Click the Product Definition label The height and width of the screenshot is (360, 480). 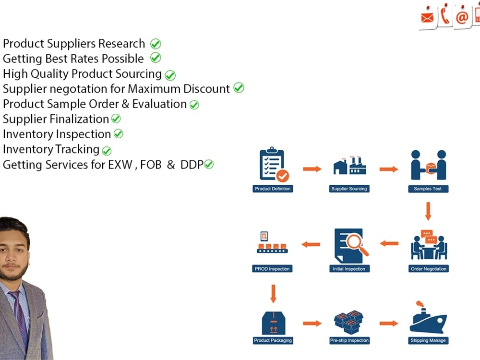click(x=273, y=189)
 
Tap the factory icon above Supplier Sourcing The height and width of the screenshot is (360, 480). click(x=349, y=166)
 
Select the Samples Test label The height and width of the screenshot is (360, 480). click(x=428, y=189)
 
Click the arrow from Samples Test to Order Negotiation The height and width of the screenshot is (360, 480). click(x=428, y=211)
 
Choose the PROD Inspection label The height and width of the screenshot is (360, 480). click(x=272, y=269)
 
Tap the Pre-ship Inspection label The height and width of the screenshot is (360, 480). click(x=349, y=340)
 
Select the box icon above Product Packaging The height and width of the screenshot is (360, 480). click(x=274, y=323)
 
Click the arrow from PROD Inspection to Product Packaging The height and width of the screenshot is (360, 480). click(x=274, y=294)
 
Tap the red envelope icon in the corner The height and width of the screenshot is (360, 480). click(x=427, y=18)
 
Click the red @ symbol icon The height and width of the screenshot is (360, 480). click(x=462, y=17)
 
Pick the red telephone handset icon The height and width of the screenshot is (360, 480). click(x=445, y=16)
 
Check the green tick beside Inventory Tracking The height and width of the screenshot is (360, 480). click(x=107, y=151)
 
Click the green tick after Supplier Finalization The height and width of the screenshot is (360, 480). click(x=116, y=119)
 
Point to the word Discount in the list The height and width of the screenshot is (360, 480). click(x=206, y=89)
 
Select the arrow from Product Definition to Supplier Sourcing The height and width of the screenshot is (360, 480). click(x=312, y=169)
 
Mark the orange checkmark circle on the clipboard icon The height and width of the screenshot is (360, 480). click(x=283, y=176)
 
